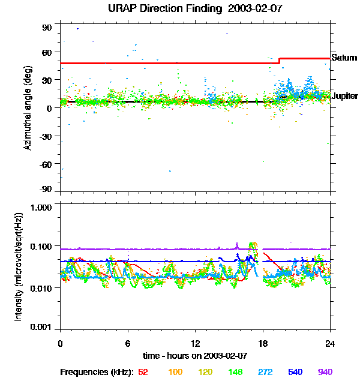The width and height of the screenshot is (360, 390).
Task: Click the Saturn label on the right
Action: pyautogui.click(x=344, y=58)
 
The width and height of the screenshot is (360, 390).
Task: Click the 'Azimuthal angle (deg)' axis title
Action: pyautogui.click(x=28, y=108)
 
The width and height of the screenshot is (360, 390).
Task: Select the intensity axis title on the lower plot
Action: pyautogui.click(x=19, y=266)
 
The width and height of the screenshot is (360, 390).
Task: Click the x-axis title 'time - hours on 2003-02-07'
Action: pyautogui.click(x=195, y=355)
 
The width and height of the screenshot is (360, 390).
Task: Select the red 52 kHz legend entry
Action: pyautogui.click(x=143, y=372)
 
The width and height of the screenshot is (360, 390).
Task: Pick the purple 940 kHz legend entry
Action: pyautogui.click(x=325, y=372)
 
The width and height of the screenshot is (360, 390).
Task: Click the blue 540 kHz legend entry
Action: pyautogui.click(x=295, y=372)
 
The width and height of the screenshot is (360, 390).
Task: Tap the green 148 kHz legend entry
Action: pyautogui.click(x=236, y=372)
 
